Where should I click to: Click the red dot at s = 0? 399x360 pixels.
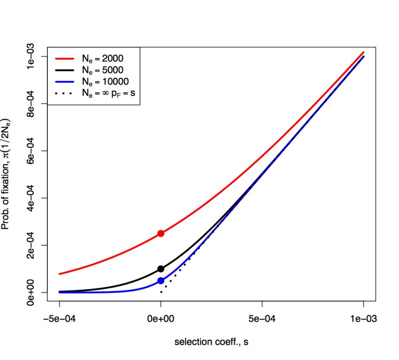[161, 233]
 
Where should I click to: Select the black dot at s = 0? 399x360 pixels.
[161, 269]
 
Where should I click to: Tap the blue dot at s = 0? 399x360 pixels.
[161, 281]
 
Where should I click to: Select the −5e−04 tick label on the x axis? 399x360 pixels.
[59, 319]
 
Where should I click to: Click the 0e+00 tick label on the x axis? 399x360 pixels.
[161, 319]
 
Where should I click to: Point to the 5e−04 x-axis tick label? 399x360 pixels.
[262, 319]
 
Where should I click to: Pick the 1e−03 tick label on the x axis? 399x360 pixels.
[364, 319]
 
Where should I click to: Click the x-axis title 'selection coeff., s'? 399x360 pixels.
[211, 343]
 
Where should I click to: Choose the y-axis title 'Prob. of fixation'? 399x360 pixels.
[6, 174]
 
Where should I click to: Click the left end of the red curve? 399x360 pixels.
[60, 274]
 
